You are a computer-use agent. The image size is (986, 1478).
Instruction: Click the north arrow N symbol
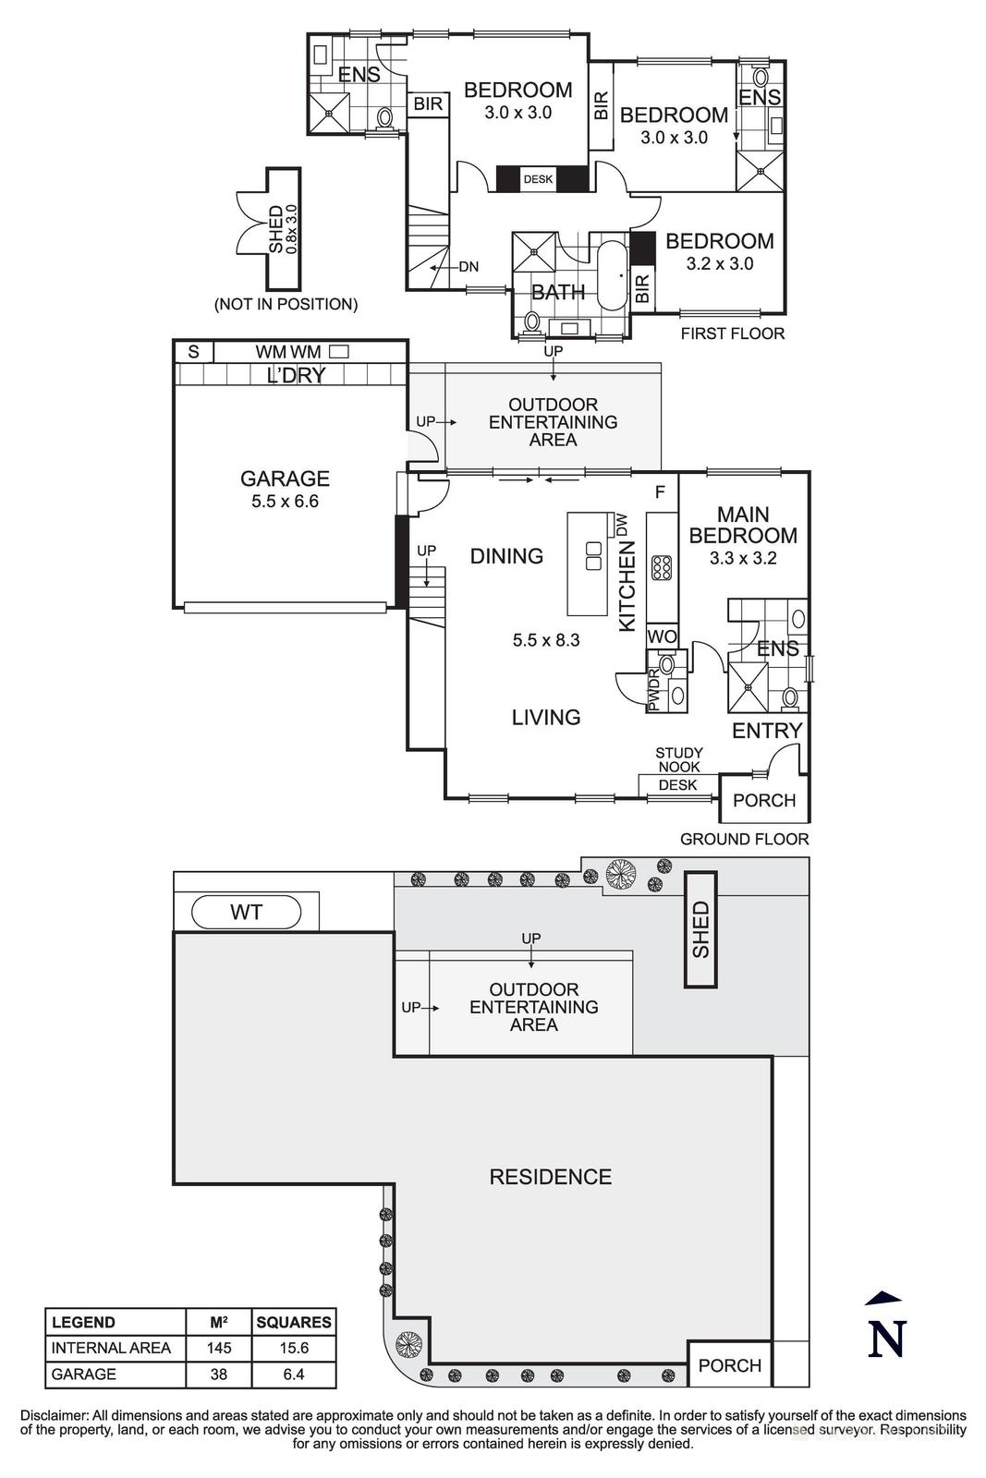[885, 1330]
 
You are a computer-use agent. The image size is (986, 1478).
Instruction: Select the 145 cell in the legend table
[219, 1348]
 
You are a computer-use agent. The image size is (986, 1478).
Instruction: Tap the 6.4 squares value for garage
[294, 1374]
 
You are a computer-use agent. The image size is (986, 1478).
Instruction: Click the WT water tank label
[246, 913]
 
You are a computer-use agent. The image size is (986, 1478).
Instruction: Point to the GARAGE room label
[285, 479]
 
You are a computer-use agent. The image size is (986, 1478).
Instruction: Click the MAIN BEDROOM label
[743, 525]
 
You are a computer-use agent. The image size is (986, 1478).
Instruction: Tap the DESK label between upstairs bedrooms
[538, 179]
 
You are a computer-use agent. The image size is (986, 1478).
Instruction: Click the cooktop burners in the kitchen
[662, 566]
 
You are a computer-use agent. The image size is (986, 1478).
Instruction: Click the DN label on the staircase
[469, 267]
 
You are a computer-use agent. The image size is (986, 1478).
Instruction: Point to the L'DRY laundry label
[295, 375]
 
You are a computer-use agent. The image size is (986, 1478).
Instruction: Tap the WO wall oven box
[662, 636]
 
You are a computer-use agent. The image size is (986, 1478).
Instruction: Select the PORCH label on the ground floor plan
[763, 800]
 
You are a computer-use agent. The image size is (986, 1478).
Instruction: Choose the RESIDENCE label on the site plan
[550, 1177]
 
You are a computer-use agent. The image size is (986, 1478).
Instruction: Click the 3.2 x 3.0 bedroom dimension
[719, 263]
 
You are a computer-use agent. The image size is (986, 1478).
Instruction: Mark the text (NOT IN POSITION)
[286, 304]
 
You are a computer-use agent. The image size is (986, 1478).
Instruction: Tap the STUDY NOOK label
[679, 759]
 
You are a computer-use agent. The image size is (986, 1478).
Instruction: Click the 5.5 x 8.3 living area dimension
[545, 639]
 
